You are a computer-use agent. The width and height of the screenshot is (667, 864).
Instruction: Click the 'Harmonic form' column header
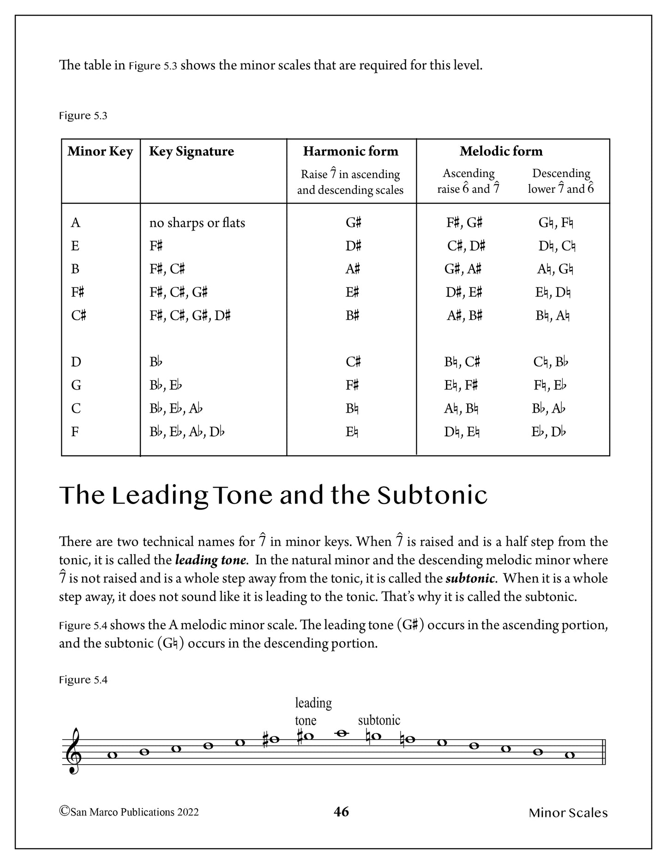pyautogui.click(x=350, y=152)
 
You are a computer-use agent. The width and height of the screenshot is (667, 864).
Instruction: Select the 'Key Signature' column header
pyautogui.click(x=191, y=152)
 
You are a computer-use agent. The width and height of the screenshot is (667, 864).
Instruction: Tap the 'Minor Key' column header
pyautogui.click(x=100, y=152)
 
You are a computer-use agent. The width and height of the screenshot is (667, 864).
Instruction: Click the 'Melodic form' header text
pyautogui.click(x=501, y=152)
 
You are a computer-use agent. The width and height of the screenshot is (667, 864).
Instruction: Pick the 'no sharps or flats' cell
pyautogui.click(x=197, y=223)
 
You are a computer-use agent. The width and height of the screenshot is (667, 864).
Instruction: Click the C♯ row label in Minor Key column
pyautogui.click(x=78, y=316)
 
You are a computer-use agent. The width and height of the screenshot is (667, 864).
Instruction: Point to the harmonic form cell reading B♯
pyautogui.click(x=353, y=316)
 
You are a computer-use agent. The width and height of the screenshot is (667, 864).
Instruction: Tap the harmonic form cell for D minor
pyautogui.click(x=353, y=362)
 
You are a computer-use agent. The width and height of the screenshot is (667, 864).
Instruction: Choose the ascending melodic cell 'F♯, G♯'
pyautogui.click(x=464, y=223)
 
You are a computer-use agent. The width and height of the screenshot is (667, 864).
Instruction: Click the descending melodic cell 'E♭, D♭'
pyautogui.click(x=549, y=432)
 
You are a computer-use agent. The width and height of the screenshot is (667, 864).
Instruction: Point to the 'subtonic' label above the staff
pyautogui.click(x=379, y=720)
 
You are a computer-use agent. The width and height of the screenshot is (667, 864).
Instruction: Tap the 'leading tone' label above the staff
pyautogui.click(x=313, y=712)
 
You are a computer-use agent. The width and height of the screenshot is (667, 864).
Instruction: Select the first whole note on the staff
pyautogui.click(x=112, y=755)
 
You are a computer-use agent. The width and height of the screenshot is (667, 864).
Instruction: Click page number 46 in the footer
pyautogui.click(x=341, y=812)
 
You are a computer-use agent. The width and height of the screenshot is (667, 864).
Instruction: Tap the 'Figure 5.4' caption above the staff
pyautogui.click(x=83, y=680)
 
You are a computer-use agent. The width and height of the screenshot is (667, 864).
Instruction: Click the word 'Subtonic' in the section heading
pyautogui.click(x=433, y=495)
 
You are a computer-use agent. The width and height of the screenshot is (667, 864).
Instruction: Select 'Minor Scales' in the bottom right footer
pyautogui.click(x=568, y=813)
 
